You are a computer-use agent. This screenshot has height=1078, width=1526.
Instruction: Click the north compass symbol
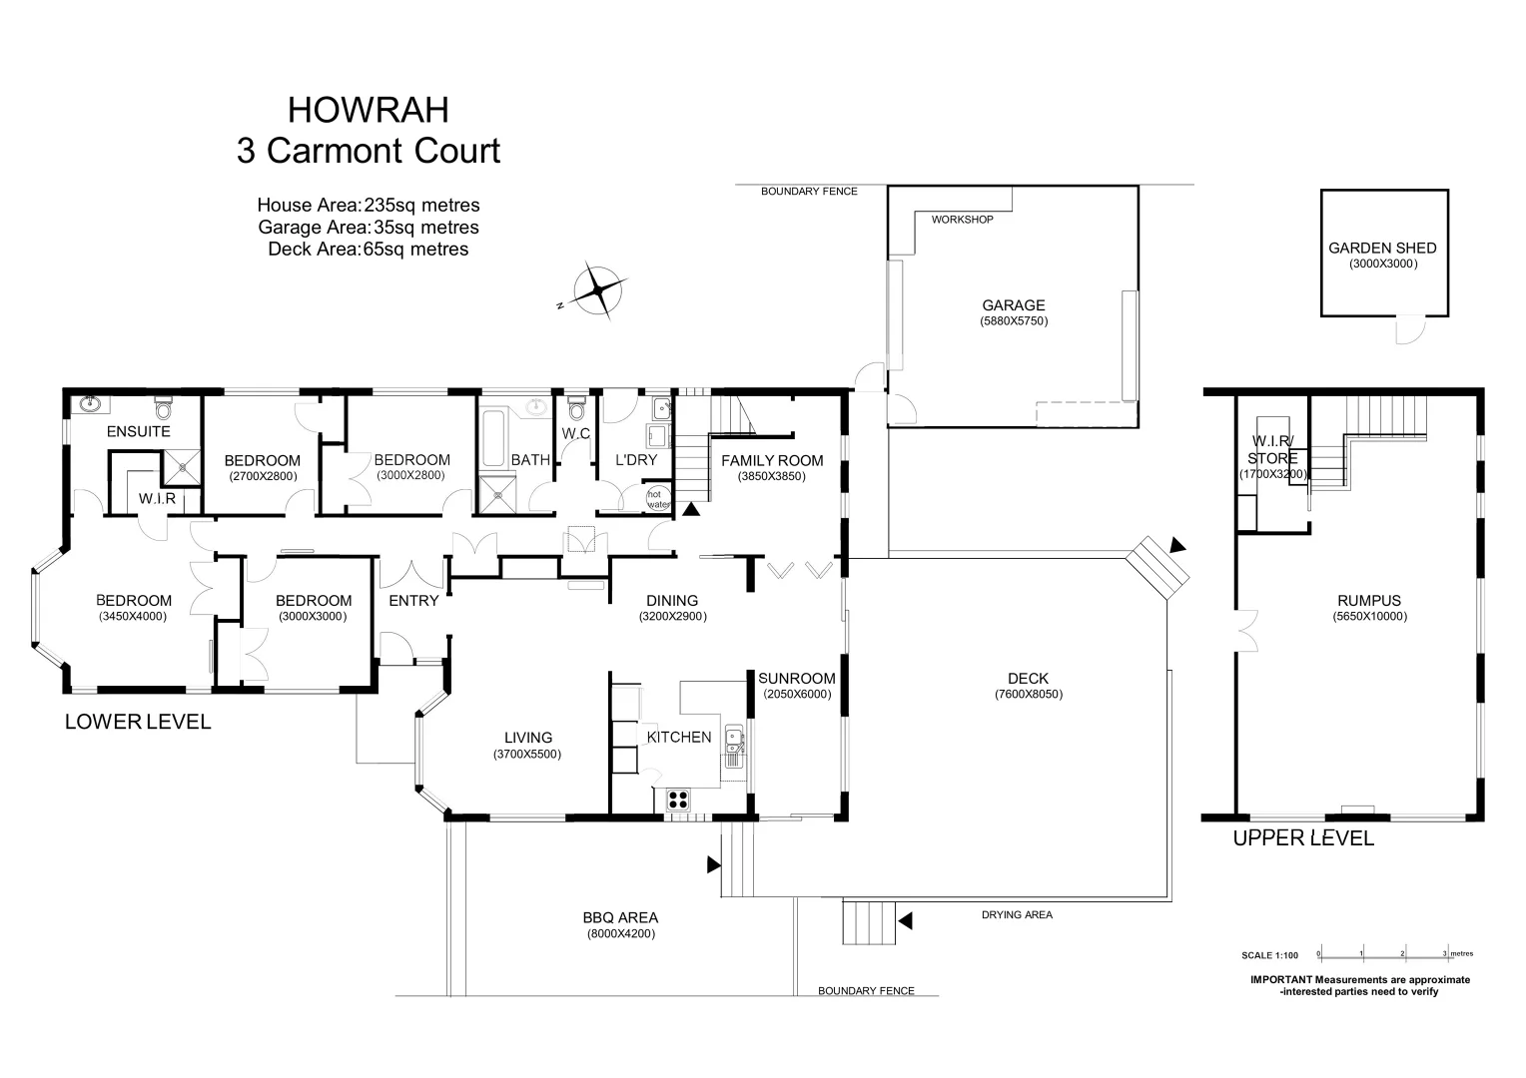coord(598,291)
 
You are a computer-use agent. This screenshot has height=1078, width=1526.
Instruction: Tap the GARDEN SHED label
coord(1382,249)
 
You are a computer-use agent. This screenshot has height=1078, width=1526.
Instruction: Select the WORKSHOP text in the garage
coord(962,220)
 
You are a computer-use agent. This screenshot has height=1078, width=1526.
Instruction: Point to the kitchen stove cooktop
coord(678,799)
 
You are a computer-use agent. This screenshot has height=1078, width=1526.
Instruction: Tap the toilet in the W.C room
coord(575,410)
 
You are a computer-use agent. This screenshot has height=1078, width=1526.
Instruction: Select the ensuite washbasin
coord(91,404)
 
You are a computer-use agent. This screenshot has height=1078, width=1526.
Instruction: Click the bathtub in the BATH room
coord(491,439)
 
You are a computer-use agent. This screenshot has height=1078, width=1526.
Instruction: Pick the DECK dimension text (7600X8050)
coord(1028,695)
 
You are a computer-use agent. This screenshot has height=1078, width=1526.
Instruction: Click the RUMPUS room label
coord(1368,601)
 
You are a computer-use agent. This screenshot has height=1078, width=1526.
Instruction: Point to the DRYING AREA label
coord(1016,914)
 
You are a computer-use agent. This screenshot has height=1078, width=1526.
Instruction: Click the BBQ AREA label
coord(620,918)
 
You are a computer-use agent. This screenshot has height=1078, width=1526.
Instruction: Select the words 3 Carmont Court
coord(368,151)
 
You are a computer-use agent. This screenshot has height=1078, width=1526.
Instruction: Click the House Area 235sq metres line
coord(368,206)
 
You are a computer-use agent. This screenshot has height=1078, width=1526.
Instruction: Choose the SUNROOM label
coord(796,679)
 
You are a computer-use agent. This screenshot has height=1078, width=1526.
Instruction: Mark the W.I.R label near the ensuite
coord(157,498)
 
